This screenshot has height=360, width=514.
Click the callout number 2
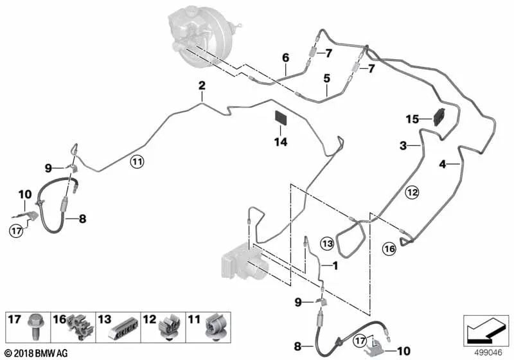coord(201,85)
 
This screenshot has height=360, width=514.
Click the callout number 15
coord(412,118)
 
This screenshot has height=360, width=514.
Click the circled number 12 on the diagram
coord(412,192)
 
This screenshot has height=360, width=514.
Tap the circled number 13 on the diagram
coord(327,244)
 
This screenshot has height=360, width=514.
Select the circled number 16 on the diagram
coord(389,249)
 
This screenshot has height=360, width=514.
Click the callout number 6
coord(286,57)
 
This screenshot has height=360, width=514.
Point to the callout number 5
coord(326,78)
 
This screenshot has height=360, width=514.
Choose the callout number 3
coord(403,147)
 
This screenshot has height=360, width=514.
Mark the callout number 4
coord(442,165)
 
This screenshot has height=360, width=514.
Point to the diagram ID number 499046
coord(486,351)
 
